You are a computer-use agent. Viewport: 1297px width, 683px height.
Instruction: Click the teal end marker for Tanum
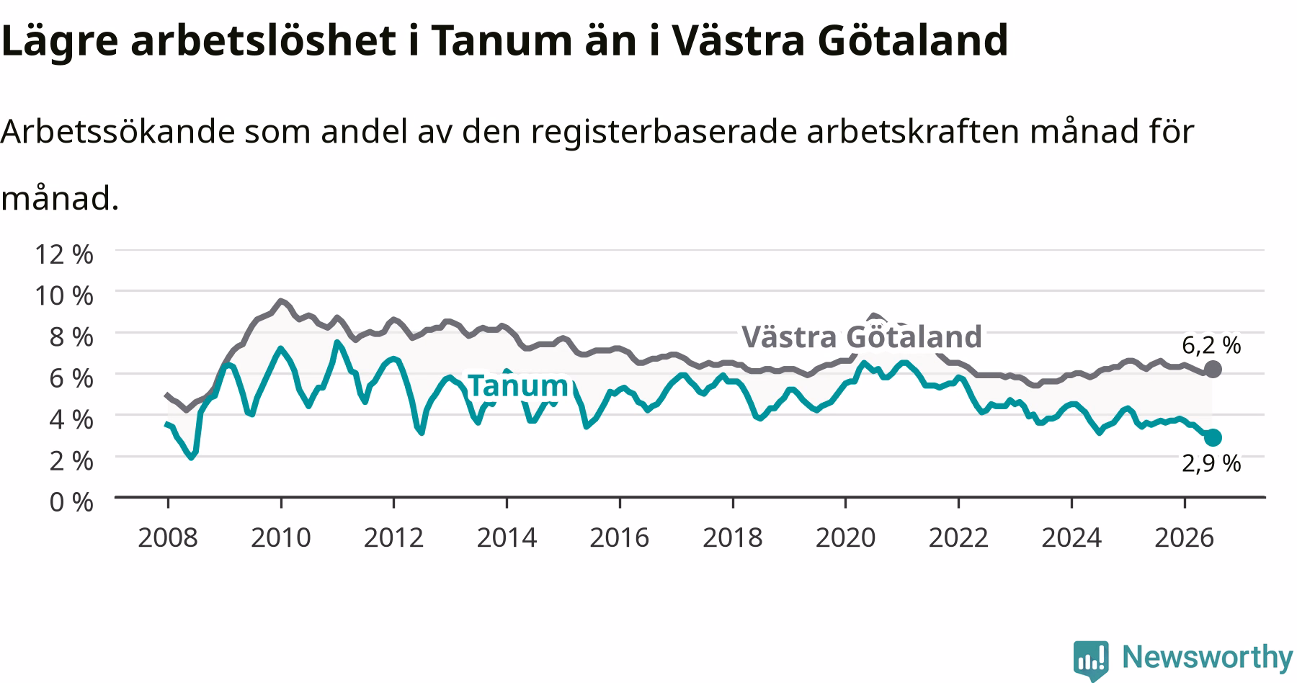coord(1213,437)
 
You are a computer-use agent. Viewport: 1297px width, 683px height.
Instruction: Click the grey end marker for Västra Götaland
coord(1213,370)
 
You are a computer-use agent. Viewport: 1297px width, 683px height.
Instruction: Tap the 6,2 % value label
coord(1211,345)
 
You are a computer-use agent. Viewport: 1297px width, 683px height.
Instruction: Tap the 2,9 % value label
coord(1211,463)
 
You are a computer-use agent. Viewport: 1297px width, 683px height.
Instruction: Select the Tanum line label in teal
coord(518,386)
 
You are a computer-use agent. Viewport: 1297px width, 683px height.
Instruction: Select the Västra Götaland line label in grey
coord(862,336)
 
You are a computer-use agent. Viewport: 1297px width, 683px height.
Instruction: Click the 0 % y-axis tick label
coord(71,501)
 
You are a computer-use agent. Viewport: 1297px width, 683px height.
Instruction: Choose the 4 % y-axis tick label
coord(71,419)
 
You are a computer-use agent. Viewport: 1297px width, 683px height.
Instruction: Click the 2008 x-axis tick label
coord(168,537)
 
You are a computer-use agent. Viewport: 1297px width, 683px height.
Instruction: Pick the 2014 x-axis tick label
coord(507,537)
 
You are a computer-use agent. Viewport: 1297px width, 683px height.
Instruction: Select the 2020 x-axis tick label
coord(845,537)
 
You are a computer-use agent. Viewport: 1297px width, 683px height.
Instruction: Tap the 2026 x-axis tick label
coord(1184,537)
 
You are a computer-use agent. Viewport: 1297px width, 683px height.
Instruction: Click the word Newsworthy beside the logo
coord(1208,657)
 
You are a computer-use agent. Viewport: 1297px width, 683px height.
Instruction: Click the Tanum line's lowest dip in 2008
coord(191,457)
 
